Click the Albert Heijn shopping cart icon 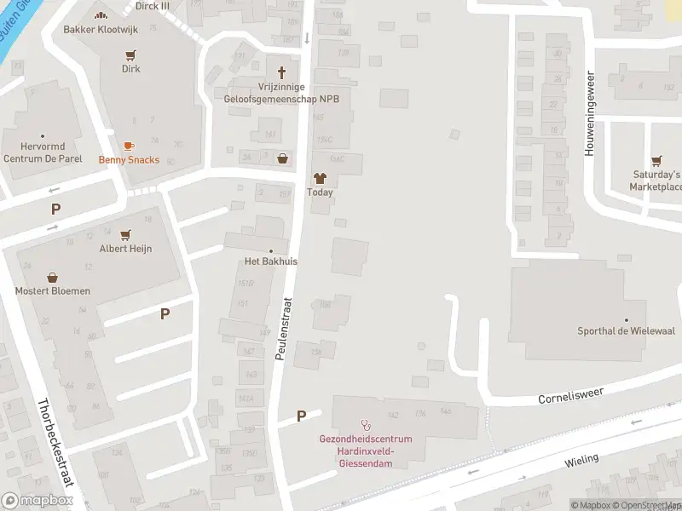point(125,234)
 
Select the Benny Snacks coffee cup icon point(129,146)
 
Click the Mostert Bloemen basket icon point(53,278)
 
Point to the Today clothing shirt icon point(320,179)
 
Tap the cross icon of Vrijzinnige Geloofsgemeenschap point(281,72)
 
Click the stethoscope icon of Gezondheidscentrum point(367,423)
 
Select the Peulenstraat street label point(283,328)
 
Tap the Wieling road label point(581,461)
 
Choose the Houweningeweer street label point(588,112)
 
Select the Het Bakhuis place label point(271,261)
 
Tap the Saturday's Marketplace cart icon point(656,160)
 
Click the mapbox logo point(37,501)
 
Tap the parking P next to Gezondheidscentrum point(301,416)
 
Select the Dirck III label point(153,5)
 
